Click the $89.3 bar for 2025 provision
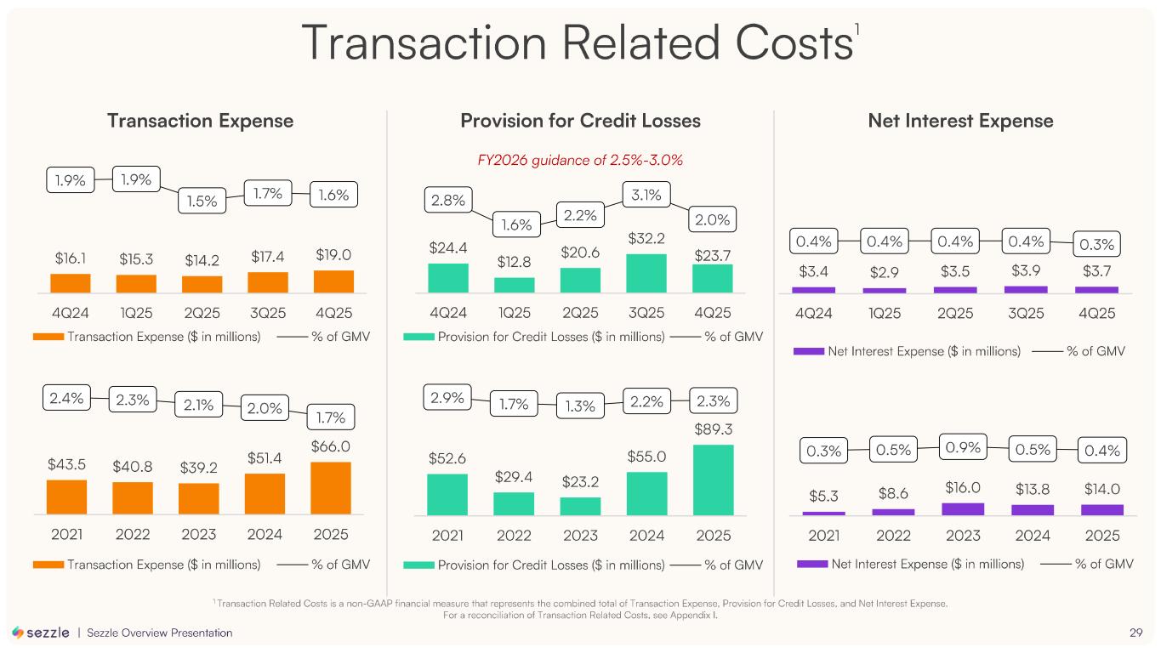713,480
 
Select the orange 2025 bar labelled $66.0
331,488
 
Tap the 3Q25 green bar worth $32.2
646,273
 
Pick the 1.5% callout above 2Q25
202,201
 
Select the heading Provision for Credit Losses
580,121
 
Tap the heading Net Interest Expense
960,121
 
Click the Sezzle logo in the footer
41,633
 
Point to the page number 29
1135,633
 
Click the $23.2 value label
580,482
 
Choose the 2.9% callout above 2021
447,398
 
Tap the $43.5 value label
65,465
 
